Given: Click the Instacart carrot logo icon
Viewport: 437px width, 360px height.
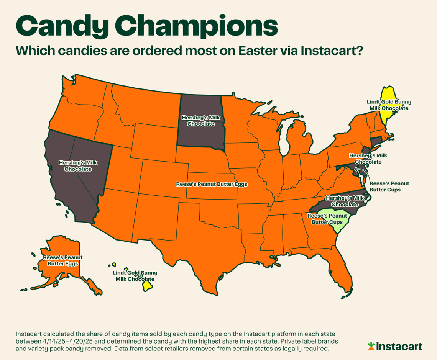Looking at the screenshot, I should tap(371, 346).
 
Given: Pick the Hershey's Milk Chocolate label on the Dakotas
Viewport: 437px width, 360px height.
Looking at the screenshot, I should tap(200, 120).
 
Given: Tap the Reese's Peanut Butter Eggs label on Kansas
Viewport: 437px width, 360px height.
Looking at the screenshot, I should tap(212, 184).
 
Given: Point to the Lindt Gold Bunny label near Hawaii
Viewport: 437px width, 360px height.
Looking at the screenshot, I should tap(135, 276).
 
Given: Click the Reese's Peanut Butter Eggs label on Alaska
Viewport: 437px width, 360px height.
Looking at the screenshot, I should tap(62, 260).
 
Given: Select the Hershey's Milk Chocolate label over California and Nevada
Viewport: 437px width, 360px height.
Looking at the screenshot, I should tap(78, 165).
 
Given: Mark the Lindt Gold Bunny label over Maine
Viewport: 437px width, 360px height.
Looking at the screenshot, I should tap(389, 105).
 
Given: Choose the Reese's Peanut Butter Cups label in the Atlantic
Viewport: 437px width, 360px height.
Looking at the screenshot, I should tap(389, 187).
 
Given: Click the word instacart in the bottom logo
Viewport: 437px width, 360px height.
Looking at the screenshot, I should tap(399, 347).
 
